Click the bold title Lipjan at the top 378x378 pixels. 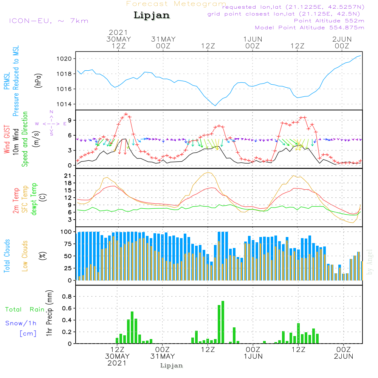[x=152, y=15]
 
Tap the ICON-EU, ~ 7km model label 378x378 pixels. [x=48, y=21]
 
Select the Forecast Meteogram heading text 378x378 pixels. [x=176, y=4]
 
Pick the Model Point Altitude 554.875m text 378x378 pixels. [x=310, y=28]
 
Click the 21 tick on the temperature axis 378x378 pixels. [x=69, y=176]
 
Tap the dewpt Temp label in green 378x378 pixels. [x=34, y=200]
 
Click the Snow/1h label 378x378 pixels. [x=21, y=323]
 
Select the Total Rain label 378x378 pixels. [x=25, y=309]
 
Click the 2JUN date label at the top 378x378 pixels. [x=342, y=39]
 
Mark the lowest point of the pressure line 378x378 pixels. [x=215, y=105]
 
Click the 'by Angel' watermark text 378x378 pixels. [x=370, y=262]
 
